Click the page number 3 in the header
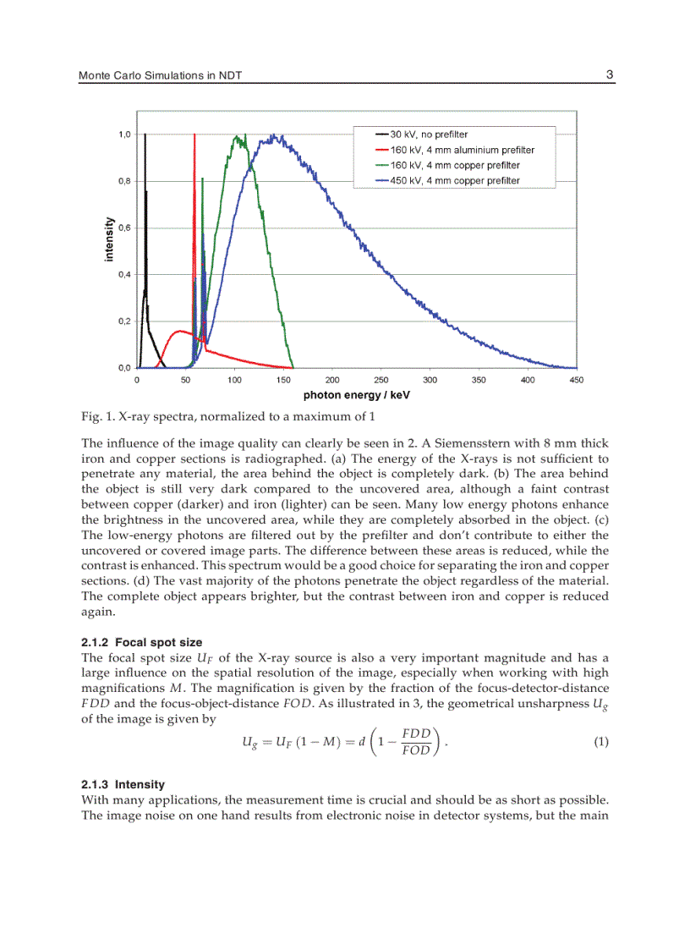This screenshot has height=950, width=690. click(609, 74)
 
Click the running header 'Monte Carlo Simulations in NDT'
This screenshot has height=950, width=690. click(166, 76)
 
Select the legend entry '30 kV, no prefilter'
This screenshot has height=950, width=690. click(428, 135)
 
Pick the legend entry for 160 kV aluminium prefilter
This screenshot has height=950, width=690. click(462, 150)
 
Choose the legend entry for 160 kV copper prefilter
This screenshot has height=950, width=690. click(455, 165)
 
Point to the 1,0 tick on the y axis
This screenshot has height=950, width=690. click(123, 135)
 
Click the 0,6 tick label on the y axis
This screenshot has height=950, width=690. click(123, 228)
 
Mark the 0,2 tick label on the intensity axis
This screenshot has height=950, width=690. click(123, 321)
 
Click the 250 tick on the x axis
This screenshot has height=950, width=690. click(381, 381)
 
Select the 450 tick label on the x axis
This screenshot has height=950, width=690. click(577, 381)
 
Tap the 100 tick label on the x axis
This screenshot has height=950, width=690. click(235, 381)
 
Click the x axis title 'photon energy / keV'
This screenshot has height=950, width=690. click(356, 395)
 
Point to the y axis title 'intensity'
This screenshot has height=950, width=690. click(109, 239)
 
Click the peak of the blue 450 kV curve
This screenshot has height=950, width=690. click(273, 135)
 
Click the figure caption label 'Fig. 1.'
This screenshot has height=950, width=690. click(97, 416)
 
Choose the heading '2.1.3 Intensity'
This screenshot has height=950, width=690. click(123, 784)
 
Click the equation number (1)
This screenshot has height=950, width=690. click(600, 742)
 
